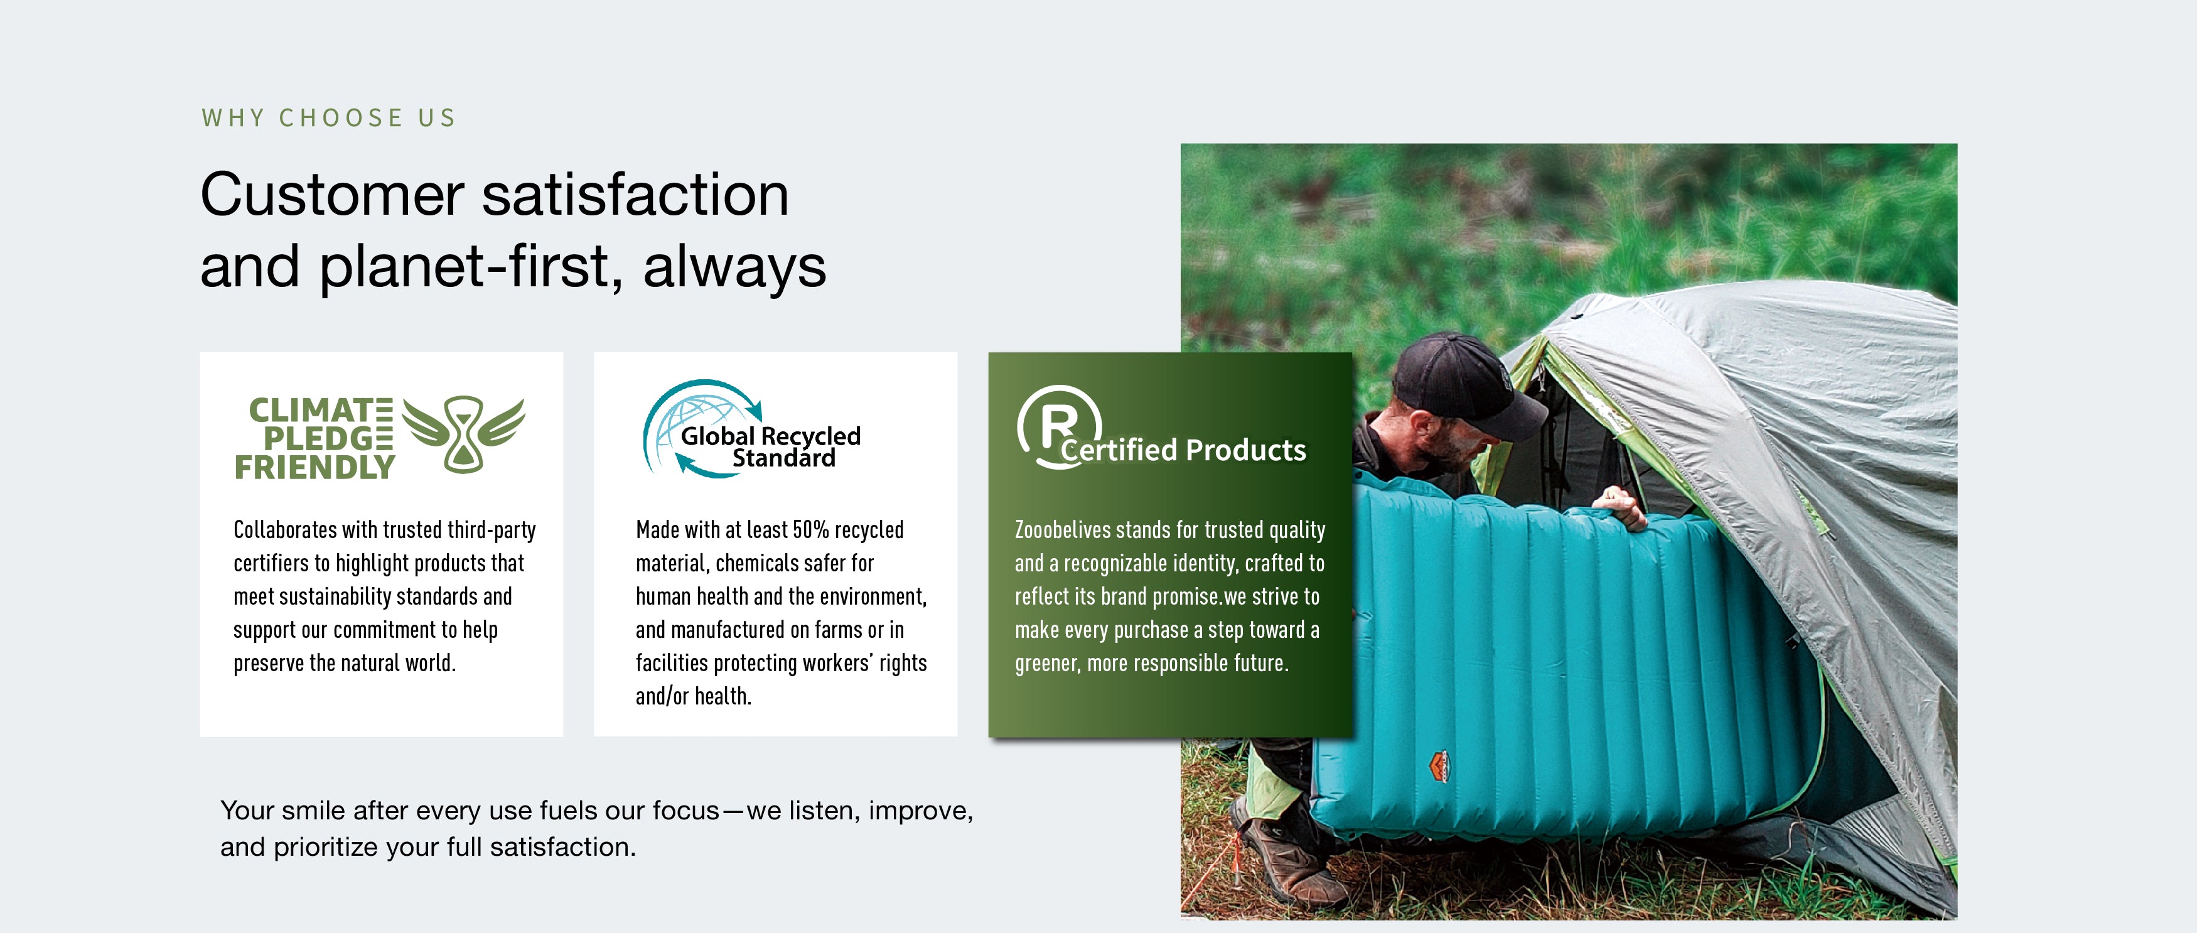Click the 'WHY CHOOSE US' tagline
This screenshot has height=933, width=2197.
click(328, 117)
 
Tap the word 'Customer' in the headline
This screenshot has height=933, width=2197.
click(333, 195)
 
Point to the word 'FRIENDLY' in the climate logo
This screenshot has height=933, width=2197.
click(314, 467)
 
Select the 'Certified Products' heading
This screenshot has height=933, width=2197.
click(1183, 450)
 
